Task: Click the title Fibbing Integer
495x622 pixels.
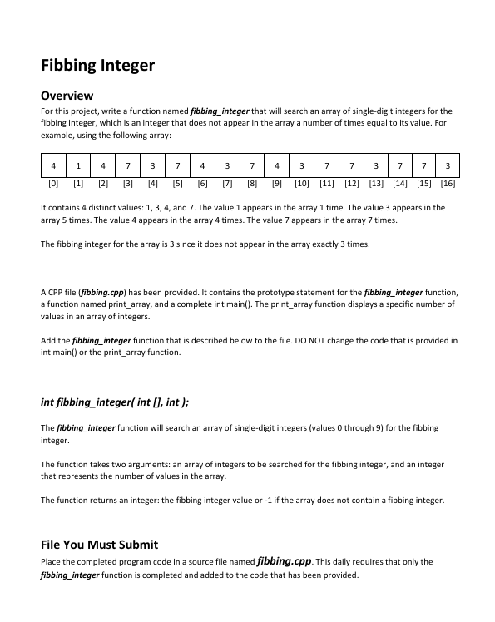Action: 97,65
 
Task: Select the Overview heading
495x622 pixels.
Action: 67,96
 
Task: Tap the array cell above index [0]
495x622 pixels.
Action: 54,164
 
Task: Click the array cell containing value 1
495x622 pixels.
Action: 78,164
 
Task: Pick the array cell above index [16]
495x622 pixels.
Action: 448,164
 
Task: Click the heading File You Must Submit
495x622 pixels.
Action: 99,545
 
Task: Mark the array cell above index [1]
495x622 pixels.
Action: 78,164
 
